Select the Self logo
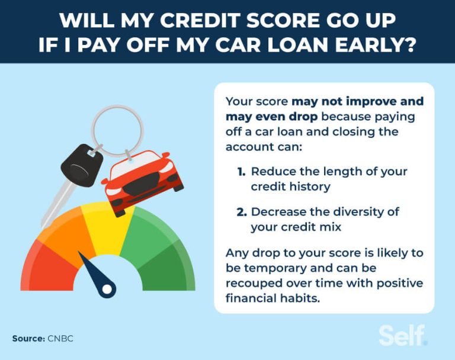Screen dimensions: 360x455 [403, 335]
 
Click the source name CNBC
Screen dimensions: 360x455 [61, 339]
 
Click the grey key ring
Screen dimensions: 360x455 [118, 127]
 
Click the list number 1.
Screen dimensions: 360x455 [241, 172]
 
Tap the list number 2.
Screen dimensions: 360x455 [242, 212]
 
